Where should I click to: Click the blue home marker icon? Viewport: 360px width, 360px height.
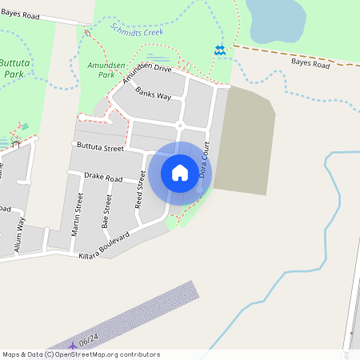[x=180, y=173]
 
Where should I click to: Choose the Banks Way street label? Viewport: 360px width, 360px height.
[x=153, y=94]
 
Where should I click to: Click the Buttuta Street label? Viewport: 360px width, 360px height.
[x=100, y=148]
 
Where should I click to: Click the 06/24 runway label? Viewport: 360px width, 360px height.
[x=89, y=341]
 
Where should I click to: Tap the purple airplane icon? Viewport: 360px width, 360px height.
[x=73, y=345]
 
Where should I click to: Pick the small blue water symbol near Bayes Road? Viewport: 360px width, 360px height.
[x=219, y=50]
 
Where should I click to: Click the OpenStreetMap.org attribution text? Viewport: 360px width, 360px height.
[x=106, y=354]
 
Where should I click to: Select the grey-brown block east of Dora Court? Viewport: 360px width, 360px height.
[x=244, y=140]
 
